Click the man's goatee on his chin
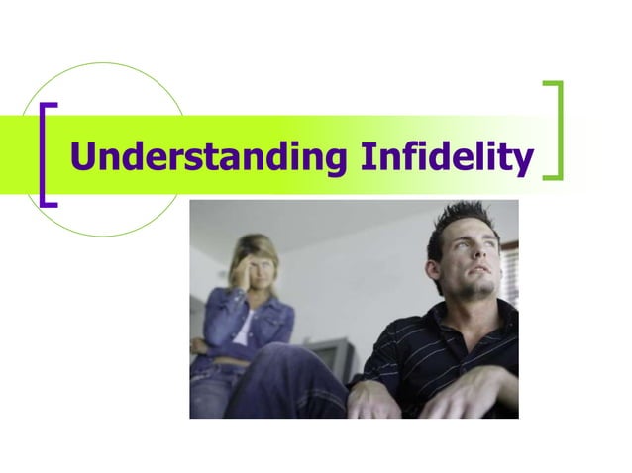point(480,293)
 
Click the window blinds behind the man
point(510,267)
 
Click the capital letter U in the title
point(85,157)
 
